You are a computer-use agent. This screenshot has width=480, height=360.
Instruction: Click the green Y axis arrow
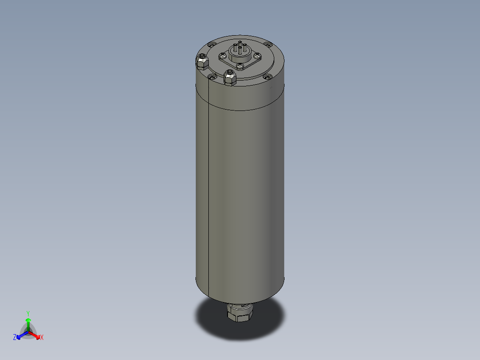28,322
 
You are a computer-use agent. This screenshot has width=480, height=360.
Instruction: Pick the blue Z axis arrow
20,335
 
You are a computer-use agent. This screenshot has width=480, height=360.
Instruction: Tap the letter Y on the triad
28,313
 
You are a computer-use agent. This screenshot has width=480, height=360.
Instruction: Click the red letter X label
42,338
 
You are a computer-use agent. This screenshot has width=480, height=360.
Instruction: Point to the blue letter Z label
15,338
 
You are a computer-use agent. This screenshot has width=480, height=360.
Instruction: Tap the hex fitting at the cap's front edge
230,78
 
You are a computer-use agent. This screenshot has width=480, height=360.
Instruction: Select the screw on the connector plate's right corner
257,56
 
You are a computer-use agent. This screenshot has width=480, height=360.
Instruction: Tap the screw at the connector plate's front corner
240,66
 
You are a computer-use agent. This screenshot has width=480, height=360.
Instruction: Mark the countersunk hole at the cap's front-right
267,78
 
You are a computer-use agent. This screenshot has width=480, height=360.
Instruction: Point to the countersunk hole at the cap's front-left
212,78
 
